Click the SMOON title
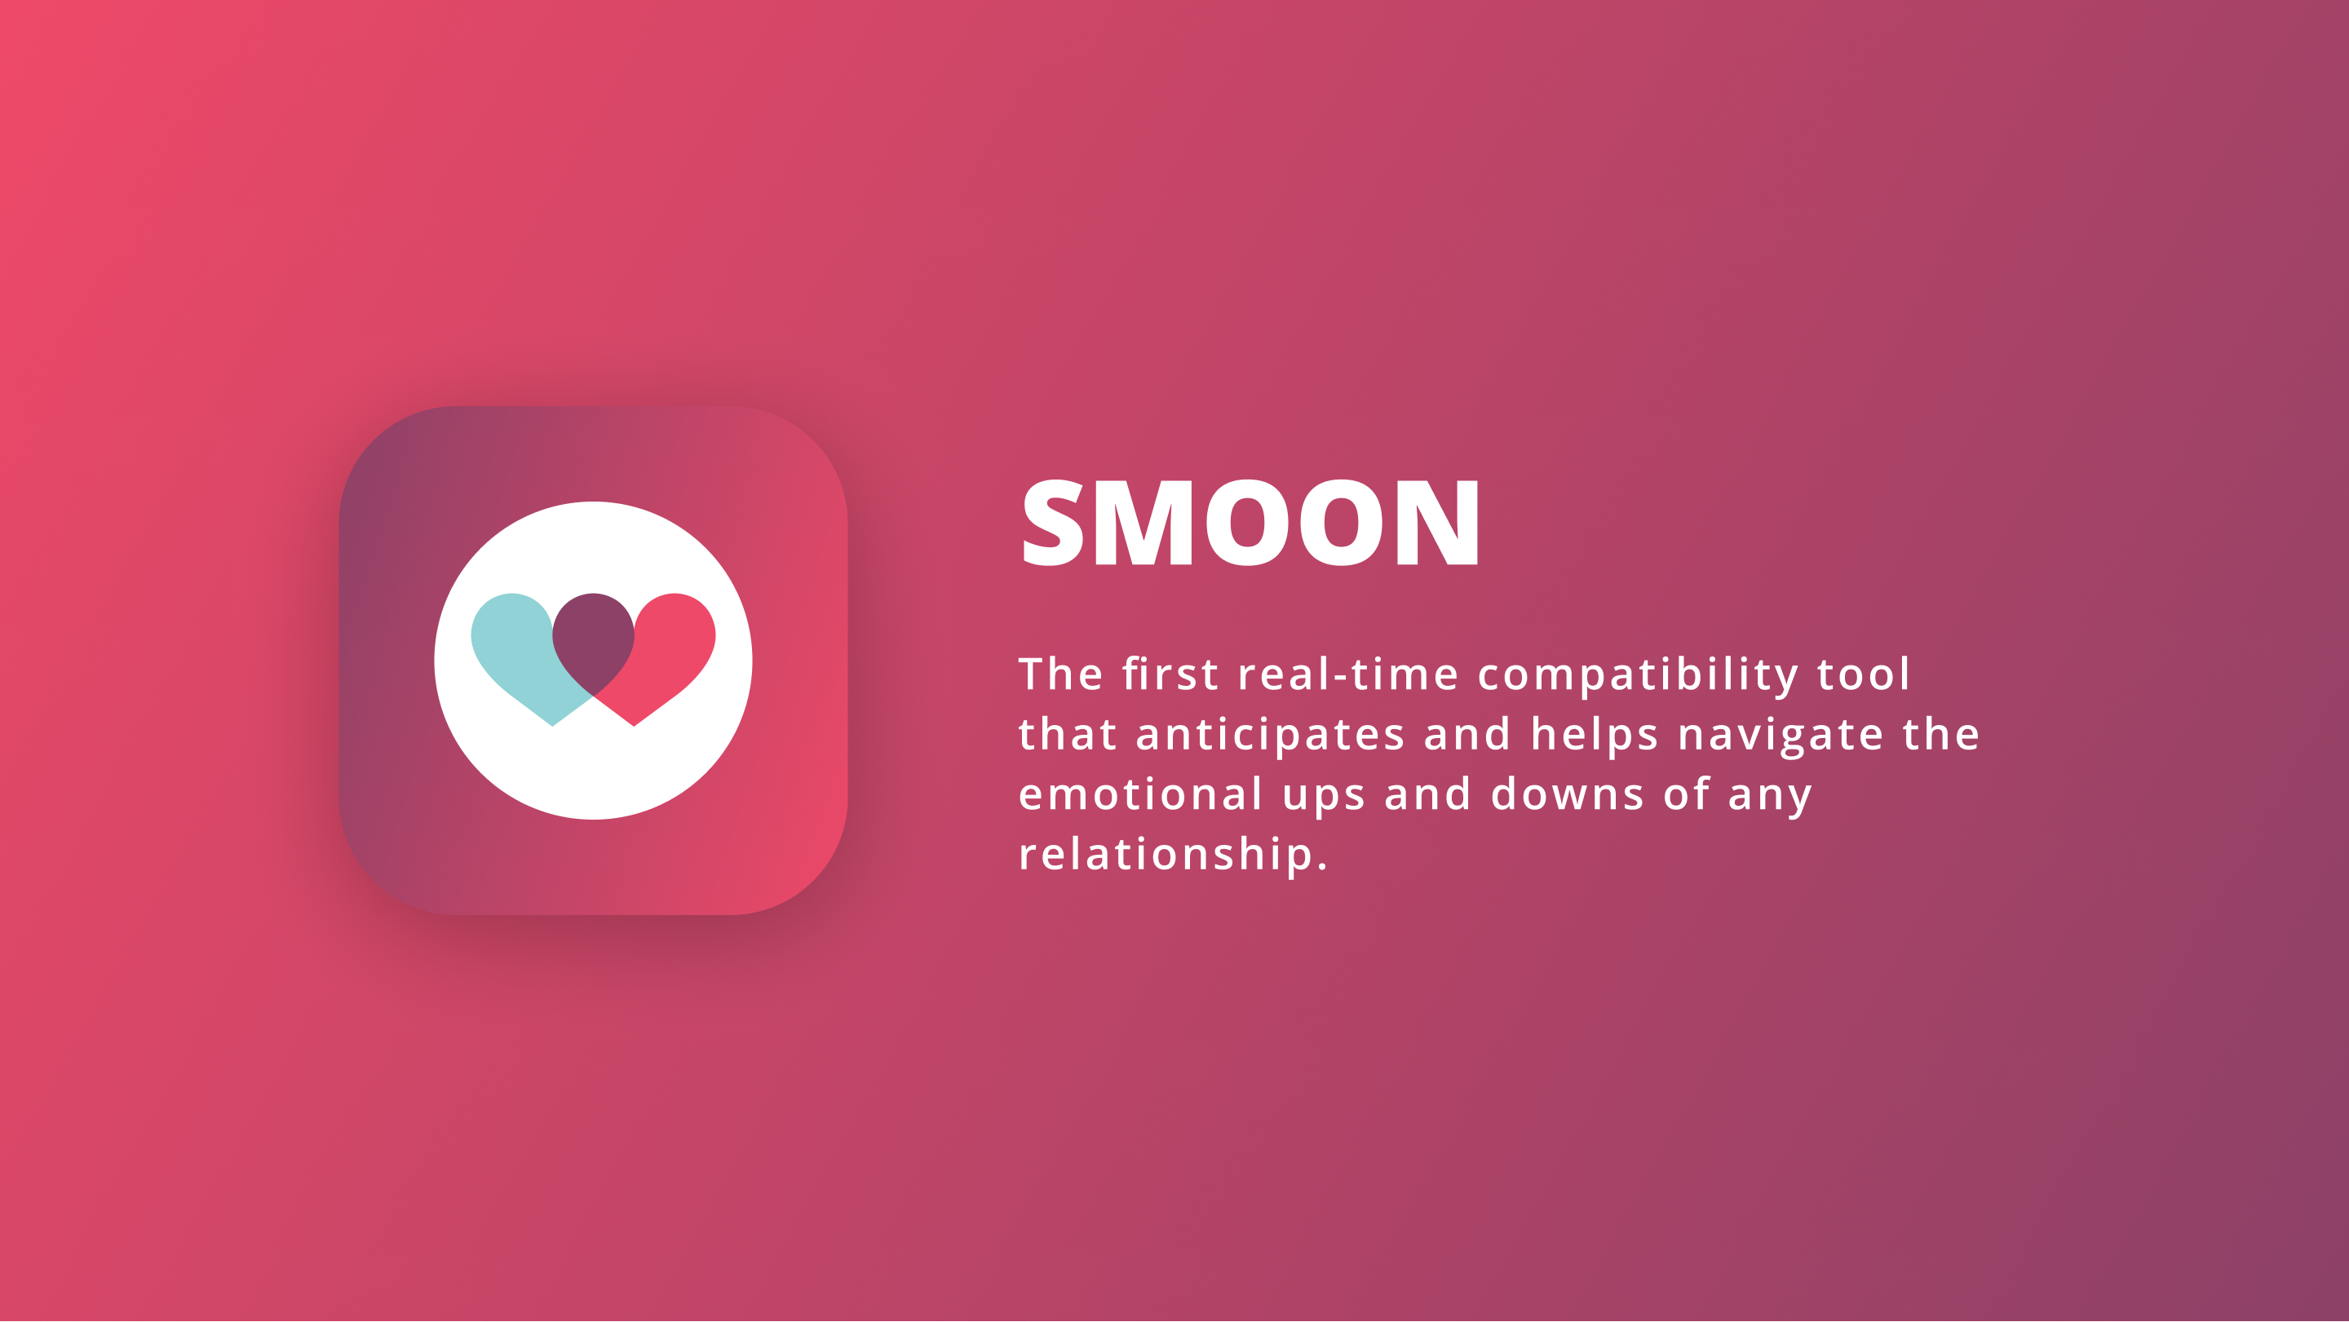(x=1251, y=523)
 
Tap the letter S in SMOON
(x=1053, y=523)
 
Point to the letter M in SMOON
(x=1144, y=523)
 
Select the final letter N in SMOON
(x=1438, y=523)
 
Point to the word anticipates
(x=1270, y=736)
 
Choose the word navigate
(x=1781, y=736)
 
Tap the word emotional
(x=1141, y=794)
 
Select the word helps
(x=1594, y=734)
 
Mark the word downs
(x=1568, y=794)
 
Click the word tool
(x=1863, y=674)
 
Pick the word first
(x=1170, y=674)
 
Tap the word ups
(x=1323, y=798)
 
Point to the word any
(x=1770, y=798)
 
